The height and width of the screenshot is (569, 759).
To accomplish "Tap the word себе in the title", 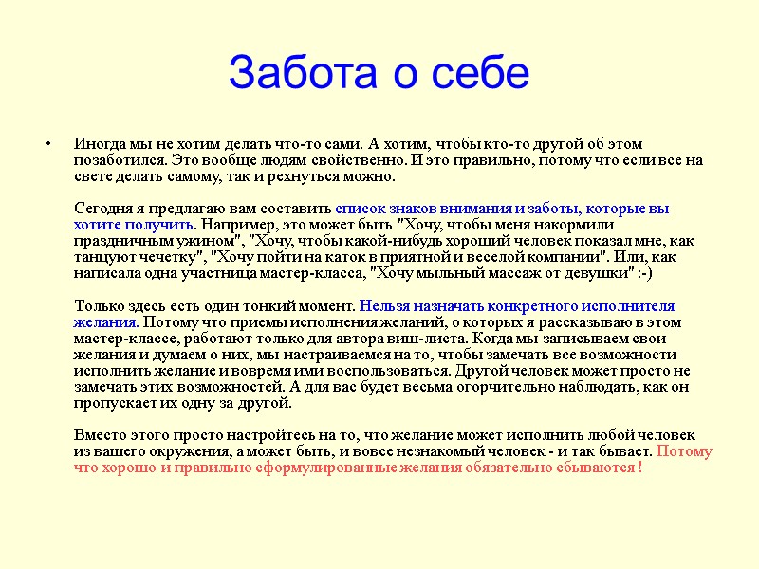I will coord(476,73).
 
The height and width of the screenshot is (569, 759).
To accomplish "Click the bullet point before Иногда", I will coord(47,145).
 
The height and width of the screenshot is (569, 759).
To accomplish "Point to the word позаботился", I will coord(117,161).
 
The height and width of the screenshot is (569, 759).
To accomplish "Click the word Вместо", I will coord(100,435).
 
